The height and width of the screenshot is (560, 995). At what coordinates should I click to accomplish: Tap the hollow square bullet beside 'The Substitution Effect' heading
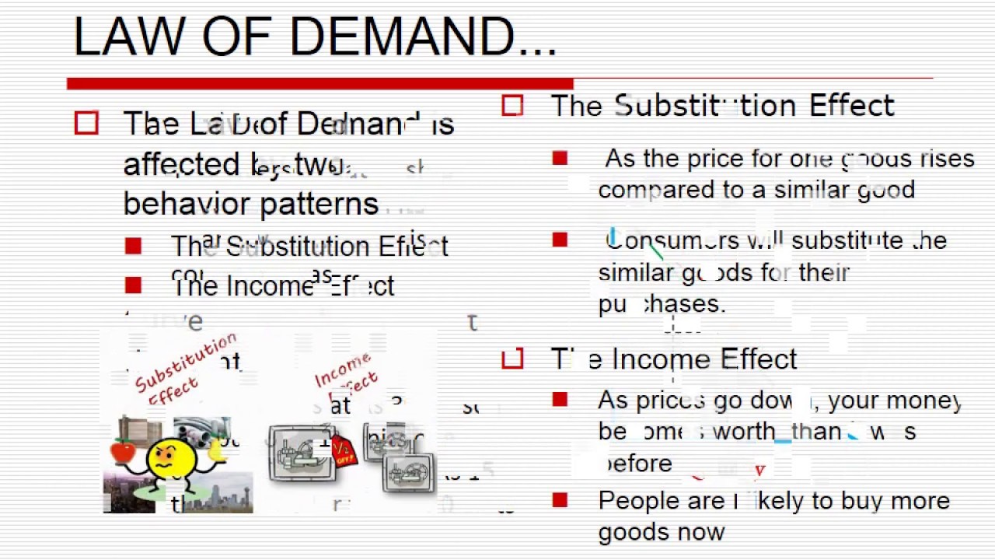tap(512, 106)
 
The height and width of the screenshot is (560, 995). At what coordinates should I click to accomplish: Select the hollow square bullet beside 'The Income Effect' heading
tap(512, 359)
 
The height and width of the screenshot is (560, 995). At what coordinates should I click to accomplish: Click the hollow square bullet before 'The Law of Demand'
tap(86, 124)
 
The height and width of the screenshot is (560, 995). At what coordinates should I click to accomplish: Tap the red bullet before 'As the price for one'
tap(560, 159)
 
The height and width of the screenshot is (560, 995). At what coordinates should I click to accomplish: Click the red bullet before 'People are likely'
tap(560, 500)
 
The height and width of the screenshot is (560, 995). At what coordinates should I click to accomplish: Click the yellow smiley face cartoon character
tap(171, 459)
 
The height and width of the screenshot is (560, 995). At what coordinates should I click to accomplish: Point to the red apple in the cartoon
tap(124, 451)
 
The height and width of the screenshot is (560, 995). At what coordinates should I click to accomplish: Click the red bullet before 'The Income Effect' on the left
tap(133, 286)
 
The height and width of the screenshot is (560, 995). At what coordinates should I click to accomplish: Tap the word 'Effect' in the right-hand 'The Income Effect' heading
tap(758, 359)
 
